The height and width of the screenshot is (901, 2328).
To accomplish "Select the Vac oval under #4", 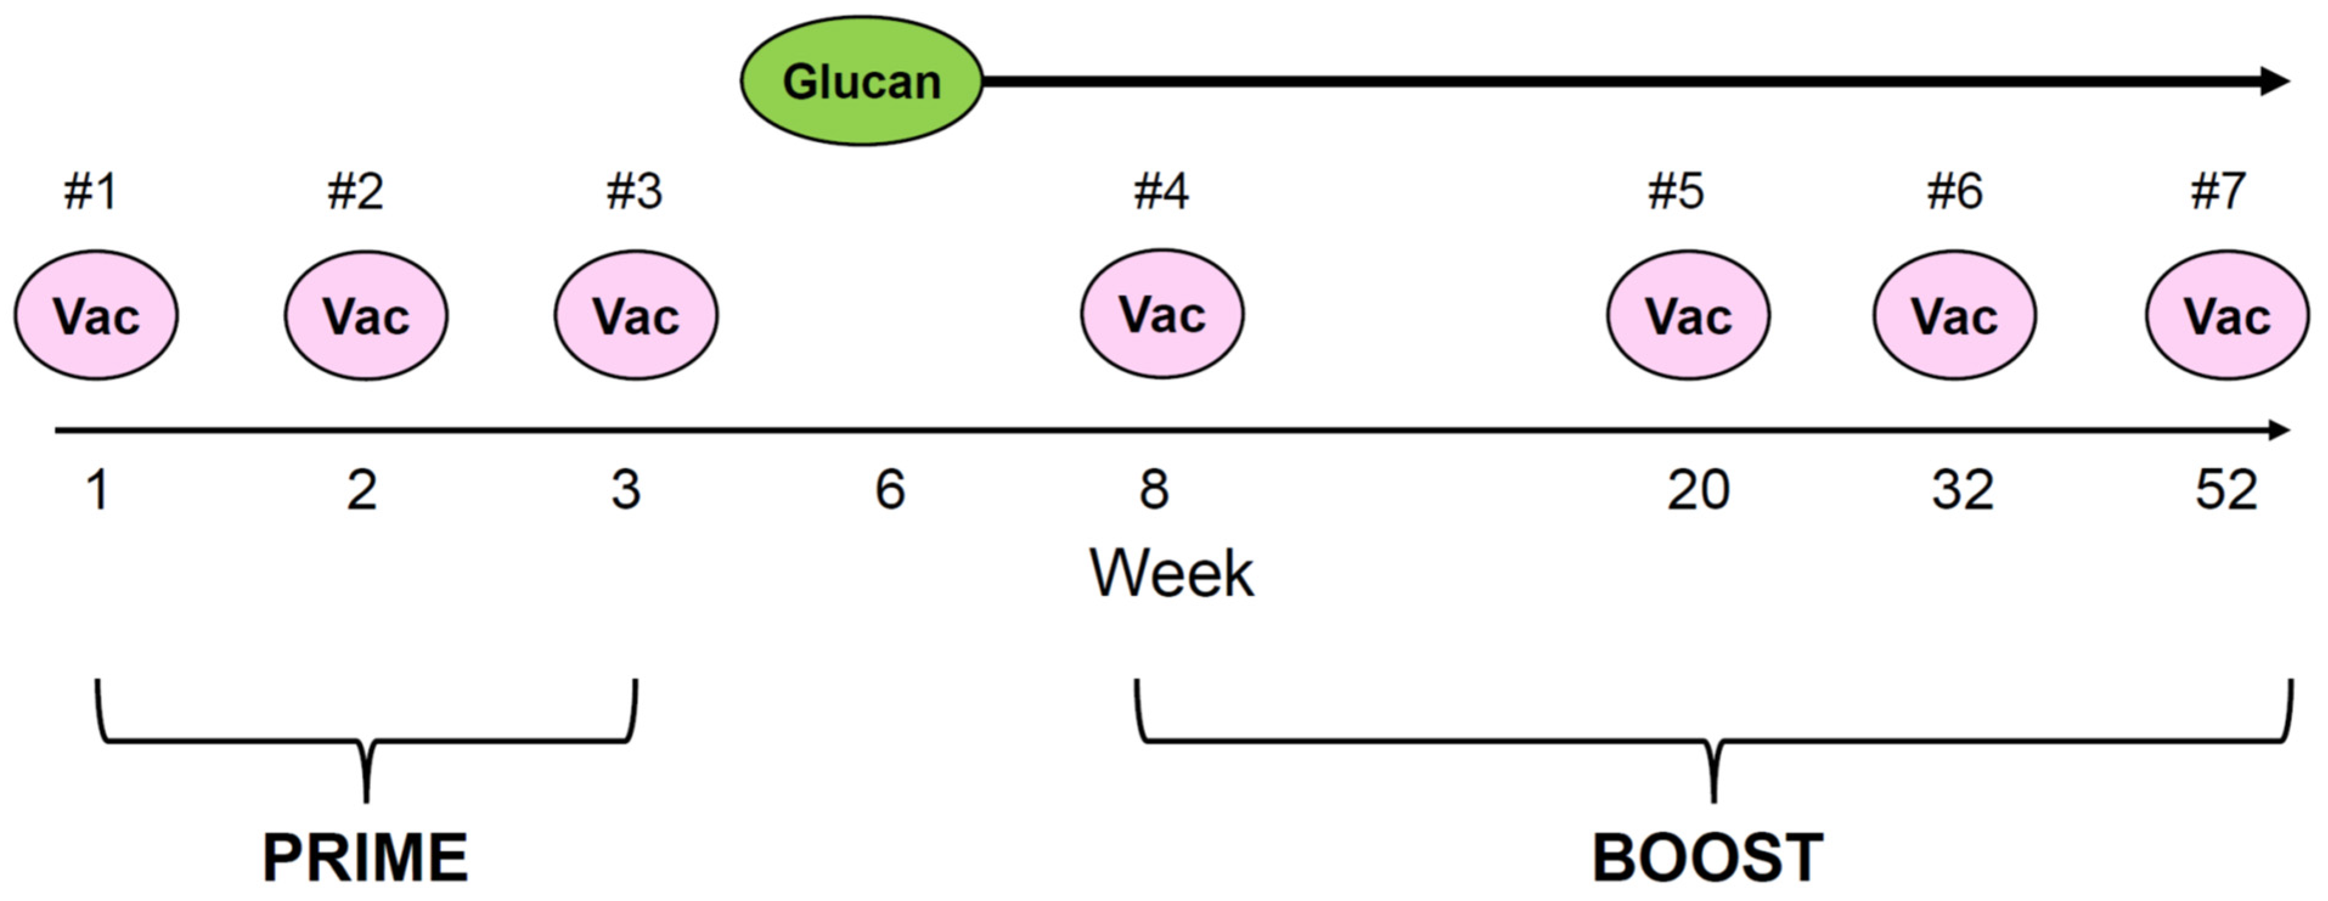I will [x=1162, y=314].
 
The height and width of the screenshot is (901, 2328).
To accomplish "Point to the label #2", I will [x=355, y=192].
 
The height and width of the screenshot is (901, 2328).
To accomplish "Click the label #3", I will [x=635, y=192].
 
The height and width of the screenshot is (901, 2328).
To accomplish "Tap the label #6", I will [x=1955, y=192].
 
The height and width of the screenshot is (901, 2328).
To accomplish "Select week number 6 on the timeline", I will [x=890, y=490].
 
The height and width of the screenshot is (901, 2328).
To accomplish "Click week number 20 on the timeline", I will [x=1698, y=490].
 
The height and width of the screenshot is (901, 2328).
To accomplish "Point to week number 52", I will [x=2226, y=490].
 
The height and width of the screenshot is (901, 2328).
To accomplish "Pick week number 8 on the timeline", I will [x=1154, y=490].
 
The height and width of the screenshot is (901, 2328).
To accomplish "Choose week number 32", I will [x=1963, y=490].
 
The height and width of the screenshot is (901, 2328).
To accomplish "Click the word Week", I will [x=1171, y=573].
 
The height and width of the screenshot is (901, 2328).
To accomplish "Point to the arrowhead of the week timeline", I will [x=2278, y=430].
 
